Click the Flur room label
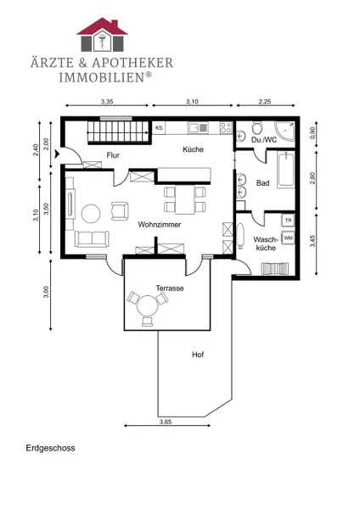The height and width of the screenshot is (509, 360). [x=113, y=155]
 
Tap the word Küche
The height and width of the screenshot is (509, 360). [x=193, y=149]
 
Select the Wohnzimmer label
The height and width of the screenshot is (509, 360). [x=160, y=224]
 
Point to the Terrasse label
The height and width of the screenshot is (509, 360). [x=170, y=288]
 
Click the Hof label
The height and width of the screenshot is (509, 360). [x=198, y=354]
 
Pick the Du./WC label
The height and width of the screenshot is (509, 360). [x=264, y=140]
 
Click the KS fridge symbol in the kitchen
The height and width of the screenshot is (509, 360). [x=159, y=127]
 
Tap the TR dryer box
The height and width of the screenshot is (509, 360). [x=288, y=221]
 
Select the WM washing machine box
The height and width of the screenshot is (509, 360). [x=288, y=238]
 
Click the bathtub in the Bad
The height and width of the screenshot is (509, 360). [x=285, y=170]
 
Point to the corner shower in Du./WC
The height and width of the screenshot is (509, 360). [x=285, y=131]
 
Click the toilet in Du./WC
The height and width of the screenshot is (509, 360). [x=257, y=128]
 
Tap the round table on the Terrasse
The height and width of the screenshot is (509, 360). [x=147, y=305]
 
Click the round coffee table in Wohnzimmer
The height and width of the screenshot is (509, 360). [x=91, y=213]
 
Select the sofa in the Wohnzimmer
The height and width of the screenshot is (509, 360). [x=92, y=239]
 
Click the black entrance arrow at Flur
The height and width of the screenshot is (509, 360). [x=58, y=154]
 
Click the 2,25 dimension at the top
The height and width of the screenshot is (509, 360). [x=265, y=102]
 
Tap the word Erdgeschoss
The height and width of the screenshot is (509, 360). [x=50, y=448]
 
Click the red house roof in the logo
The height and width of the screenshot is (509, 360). [x=103, y=26]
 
